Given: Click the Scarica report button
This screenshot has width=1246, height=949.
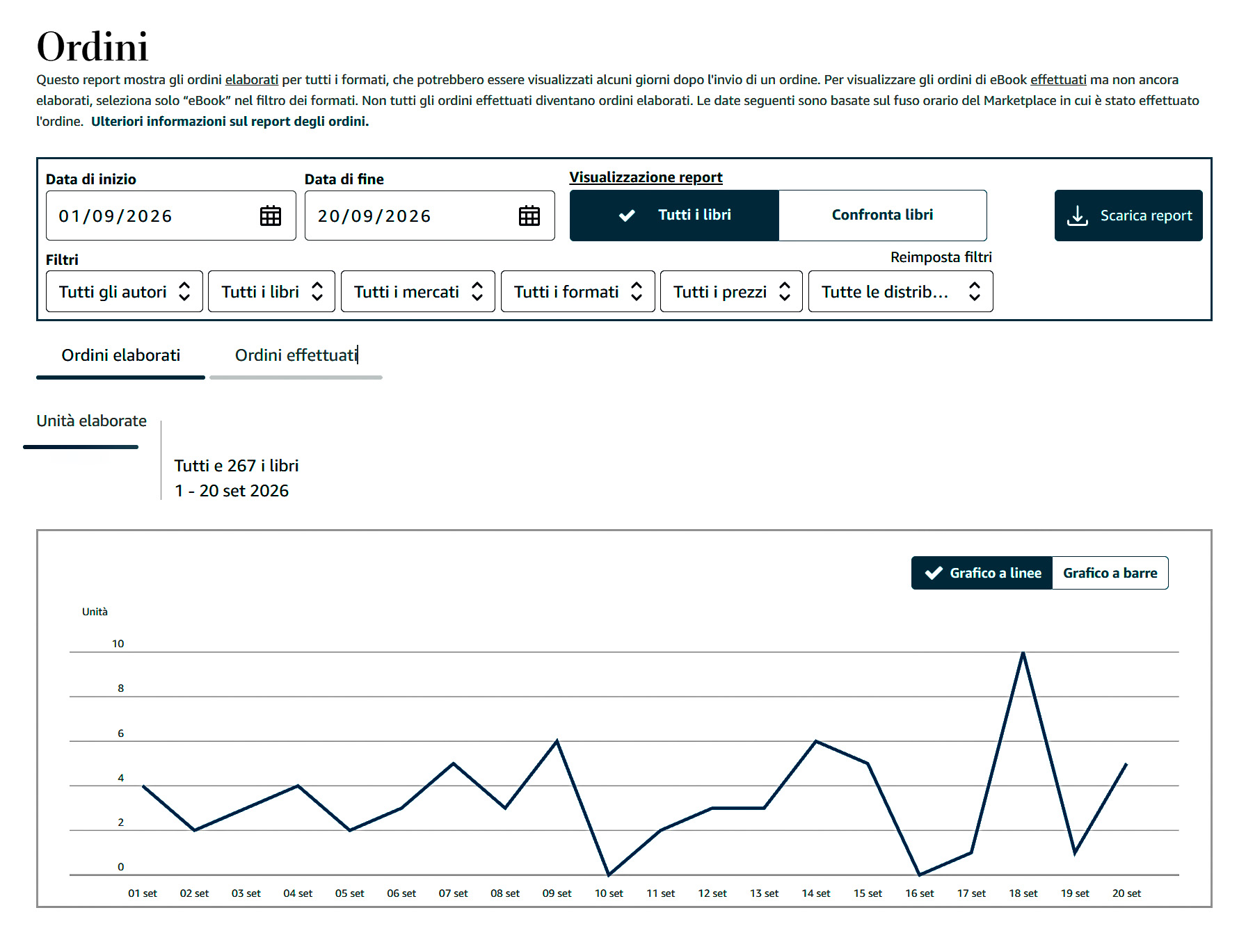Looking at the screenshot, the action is pos(1128,216).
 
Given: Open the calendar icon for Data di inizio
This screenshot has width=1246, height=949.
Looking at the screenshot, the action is pos(271,216).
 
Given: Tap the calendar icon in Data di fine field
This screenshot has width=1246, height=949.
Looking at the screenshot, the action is pos(529,216).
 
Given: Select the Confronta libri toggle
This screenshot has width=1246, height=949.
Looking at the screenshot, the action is pos(882,215).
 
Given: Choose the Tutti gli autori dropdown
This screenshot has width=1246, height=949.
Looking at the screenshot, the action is pos(125,291).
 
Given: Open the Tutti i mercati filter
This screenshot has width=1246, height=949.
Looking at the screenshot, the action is pos(418,291).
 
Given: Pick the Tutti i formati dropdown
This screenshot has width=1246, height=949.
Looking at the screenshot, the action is pos(578,291).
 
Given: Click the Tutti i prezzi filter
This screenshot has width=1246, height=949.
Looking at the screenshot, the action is pos(731,291).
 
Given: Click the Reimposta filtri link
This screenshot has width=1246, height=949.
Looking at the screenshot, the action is pos(941,257).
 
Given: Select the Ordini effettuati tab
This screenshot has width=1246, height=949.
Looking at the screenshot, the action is pos(296,355).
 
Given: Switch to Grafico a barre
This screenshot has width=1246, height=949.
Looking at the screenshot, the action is pos(1110,573).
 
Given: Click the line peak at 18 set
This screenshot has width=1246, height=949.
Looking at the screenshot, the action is pos(1023,652).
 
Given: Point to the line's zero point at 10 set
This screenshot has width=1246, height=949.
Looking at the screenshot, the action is pos(609,875).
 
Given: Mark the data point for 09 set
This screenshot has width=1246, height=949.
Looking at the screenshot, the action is pos(557,741).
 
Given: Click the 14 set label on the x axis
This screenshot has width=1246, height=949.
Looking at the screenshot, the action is pos(816,893).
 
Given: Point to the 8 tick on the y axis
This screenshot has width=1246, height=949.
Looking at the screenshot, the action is pos(121,688).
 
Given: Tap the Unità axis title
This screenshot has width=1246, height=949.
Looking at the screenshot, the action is pos(95,612).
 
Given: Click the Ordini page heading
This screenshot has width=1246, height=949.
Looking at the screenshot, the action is pos(93,47).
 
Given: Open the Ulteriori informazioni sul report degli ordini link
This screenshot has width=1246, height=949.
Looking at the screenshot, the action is pos(230,121).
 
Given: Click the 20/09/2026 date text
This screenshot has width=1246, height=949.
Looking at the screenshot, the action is pos(374,216).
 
